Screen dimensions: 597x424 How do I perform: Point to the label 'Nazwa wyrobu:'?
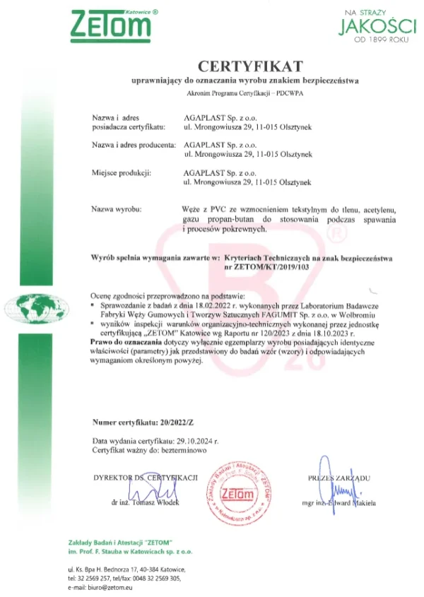[117, 210]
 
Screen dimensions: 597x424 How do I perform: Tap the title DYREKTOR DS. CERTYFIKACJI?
[146, 478]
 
